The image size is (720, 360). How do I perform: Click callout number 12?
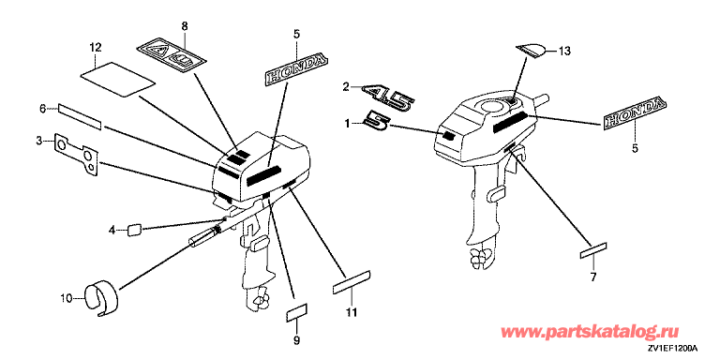[x=95, y=47]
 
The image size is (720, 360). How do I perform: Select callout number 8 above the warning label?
[x=184, y=26]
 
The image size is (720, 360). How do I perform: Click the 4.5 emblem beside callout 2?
[x=388, y=97]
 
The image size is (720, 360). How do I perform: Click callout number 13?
[x=564, y=52]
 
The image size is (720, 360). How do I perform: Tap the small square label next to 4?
[x=134, y=229]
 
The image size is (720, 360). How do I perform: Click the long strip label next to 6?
[x=79, y=116]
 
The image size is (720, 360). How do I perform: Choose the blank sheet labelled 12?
[x=118, y=79]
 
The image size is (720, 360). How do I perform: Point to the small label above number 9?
[x=296, y=313]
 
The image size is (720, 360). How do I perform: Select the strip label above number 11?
[x=352, y=282]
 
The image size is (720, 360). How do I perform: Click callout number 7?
[x=592, y=277]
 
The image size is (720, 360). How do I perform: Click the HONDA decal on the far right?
[x=634, y=112]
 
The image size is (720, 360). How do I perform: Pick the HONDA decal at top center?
[x=297, y=69]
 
